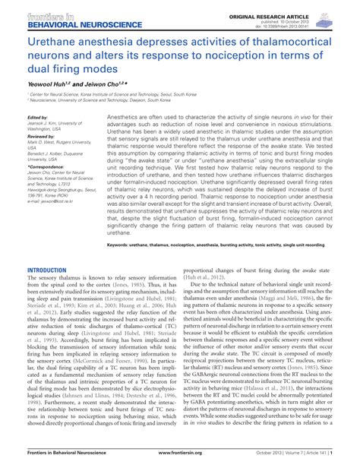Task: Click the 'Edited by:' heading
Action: pos(37,119)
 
